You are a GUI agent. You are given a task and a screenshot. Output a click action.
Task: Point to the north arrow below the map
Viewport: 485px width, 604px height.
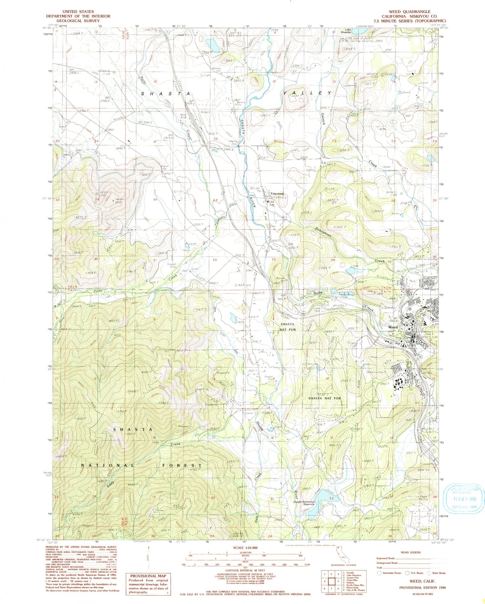click(148, 559)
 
